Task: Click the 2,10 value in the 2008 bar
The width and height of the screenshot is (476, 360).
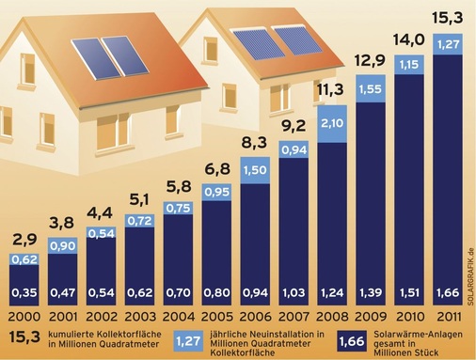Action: (x=331, y=123)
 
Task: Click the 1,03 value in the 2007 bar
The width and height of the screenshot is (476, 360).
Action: (x=293, y=292)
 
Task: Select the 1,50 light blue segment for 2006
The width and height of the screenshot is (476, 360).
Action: (x=255, y=169)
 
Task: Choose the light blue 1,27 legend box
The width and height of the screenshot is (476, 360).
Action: (x=188, y=339)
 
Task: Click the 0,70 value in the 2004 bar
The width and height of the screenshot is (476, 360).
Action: (x=178, y=292)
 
